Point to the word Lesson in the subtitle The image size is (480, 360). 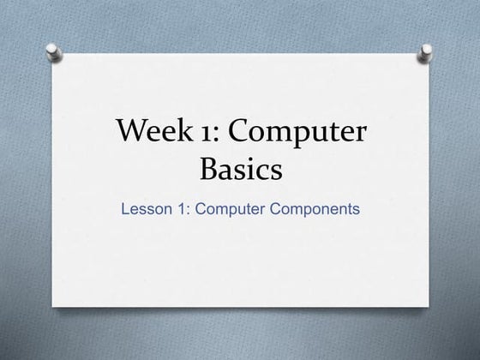pos(145,208)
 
